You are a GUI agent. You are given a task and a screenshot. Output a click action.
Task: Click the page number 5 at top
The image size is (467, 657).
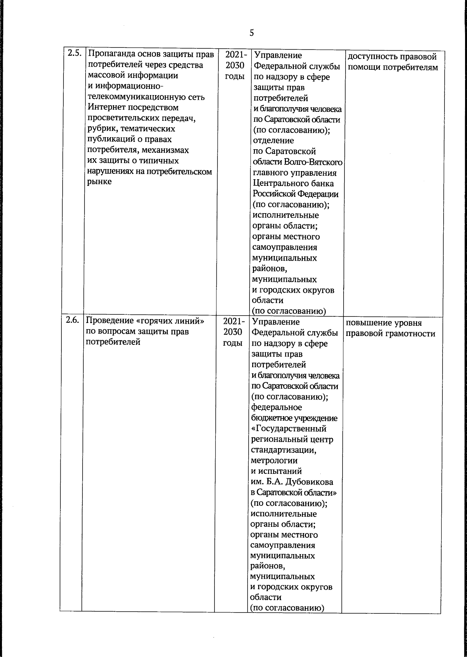[251, 33]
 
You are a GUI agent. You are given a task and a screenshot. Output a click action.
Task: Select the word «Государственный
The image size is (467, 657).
[289, 429]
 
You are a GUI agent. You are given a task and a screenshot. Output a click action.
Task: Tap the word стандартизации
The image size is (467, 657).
[283, 450]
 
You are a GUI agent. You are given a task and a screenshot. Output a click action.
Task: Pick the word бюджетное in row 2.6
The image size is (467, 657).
[270, 418]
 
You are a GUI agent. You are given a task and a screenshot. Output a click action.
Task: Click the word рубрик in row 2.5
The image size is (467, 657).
[100, 129]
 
